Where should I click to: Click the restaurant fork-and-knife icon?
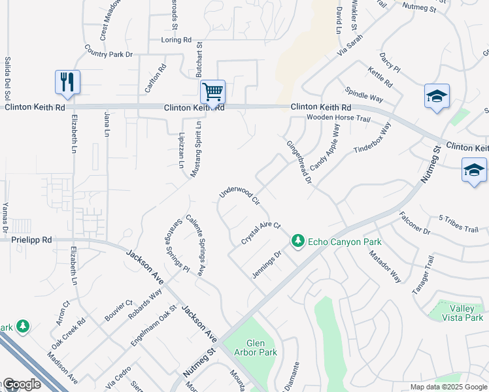pos(67,82)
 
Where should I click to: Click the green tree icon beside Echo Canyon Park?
pos(298,242)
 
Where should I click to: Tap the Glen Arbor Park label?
pos(261,348)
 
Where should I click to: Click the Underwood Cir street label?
pos(239,193)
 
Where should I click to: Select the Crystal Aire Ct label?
pos(260,233)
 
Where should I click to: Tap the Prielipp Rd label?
pos(31,240)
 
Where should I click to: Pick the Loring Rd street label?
pos(176,40)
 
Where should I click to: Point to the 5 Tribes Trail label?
pos(463,223)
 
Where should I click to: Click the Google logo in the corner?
pos(21,384)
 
